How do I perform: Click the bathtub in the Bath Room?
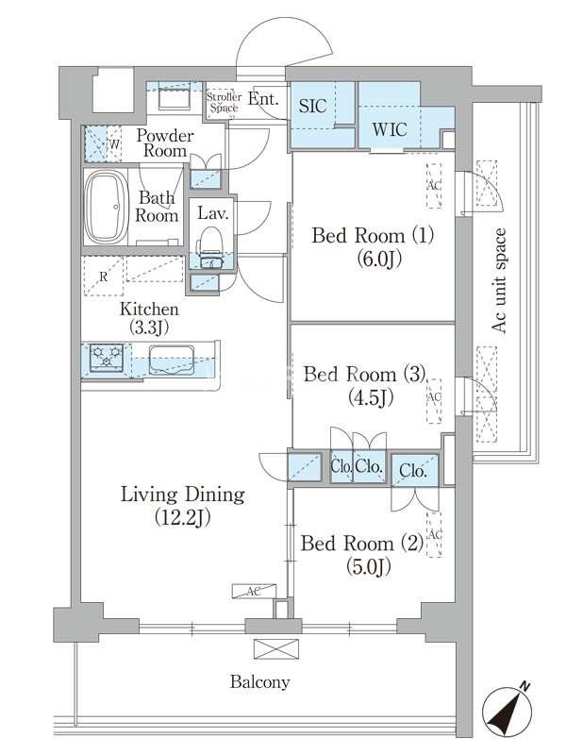coord(107,206)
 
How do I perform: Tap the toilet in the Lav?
coord(210,245)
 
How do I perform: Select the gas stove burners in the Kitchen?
coord(107,358)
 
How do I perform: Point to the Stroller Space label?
coord(225,102)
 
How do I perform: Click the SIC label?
coord(313,106)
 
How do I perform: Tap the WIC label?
coord(390,129)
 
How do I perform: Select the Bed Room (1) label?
coord(373,236)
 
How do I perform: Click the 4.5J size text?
coord(371,397)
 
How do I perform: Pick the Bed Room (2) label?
coord(362,544)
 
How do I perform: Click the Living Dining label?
coord(182,495)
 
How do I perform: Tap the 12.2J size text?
coord(182,518)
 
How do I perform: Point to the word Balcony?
coord(260,682)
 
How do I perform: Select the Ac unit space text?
coord(499,280)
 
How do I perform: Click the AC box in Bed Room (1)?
coord(434,186)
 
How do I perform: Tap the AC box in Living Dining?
coord(254,592)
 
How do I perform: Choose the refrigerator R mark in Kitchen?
coord(103,277)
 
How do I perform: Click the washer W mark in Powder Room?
coord(114,144)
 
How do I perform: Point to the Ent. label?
coord(264,99)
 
